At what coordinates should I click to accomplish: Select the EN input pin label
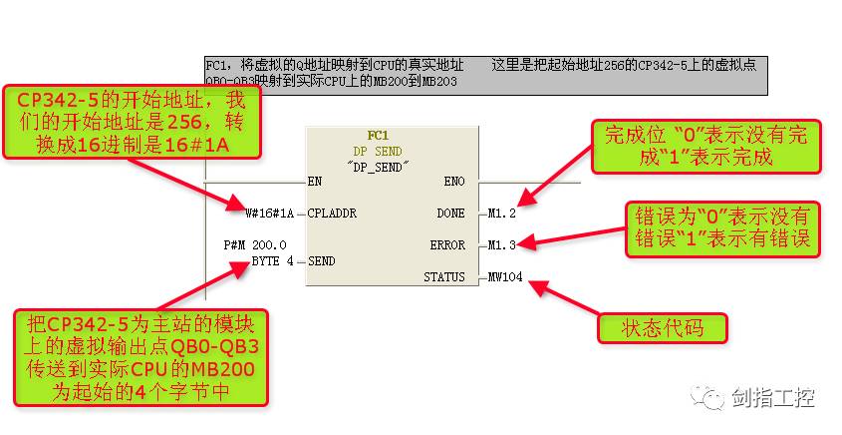pyautogui.click(x=316, y=183)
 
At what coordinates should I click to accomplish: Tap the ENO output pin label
pyautogui.click(x=453, y=183)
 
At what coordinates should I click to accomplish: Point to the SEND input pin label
pyautogui.click(x=322, y=260)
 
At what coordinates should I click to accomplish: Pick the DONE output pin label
pyautogui.click(x=450, y=213)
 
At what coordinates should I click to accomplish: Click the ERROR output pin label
pyautogui.click(x=447, y=244)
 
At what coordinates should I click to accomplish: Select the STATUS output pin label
pyautogui.click(x=444, y=276)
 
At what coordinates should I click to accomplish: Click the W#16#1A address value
pyautogui.click(x=270, y=213)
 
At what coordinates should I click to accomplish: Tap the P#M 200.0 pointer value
pyautogui.click(x=256, y=244)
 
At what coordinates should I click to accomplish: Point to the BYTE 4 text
pyautogui.click(x=273, y=260)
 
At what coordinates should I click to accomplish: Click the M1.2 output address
pyautogui.click(x=503, y=213)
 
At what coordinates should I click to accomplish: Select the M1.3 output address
pyautogui.click(x=503, y=244)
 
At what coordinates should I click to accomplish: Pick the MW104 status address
pyautogui.click(x=505, y=276)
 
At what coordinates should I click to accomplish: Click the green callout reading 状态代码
pyautogui.click(x=662, y=327)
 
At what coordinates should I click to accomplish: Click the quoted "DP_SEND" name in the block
pyautogui.click(x=379, y=167)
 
